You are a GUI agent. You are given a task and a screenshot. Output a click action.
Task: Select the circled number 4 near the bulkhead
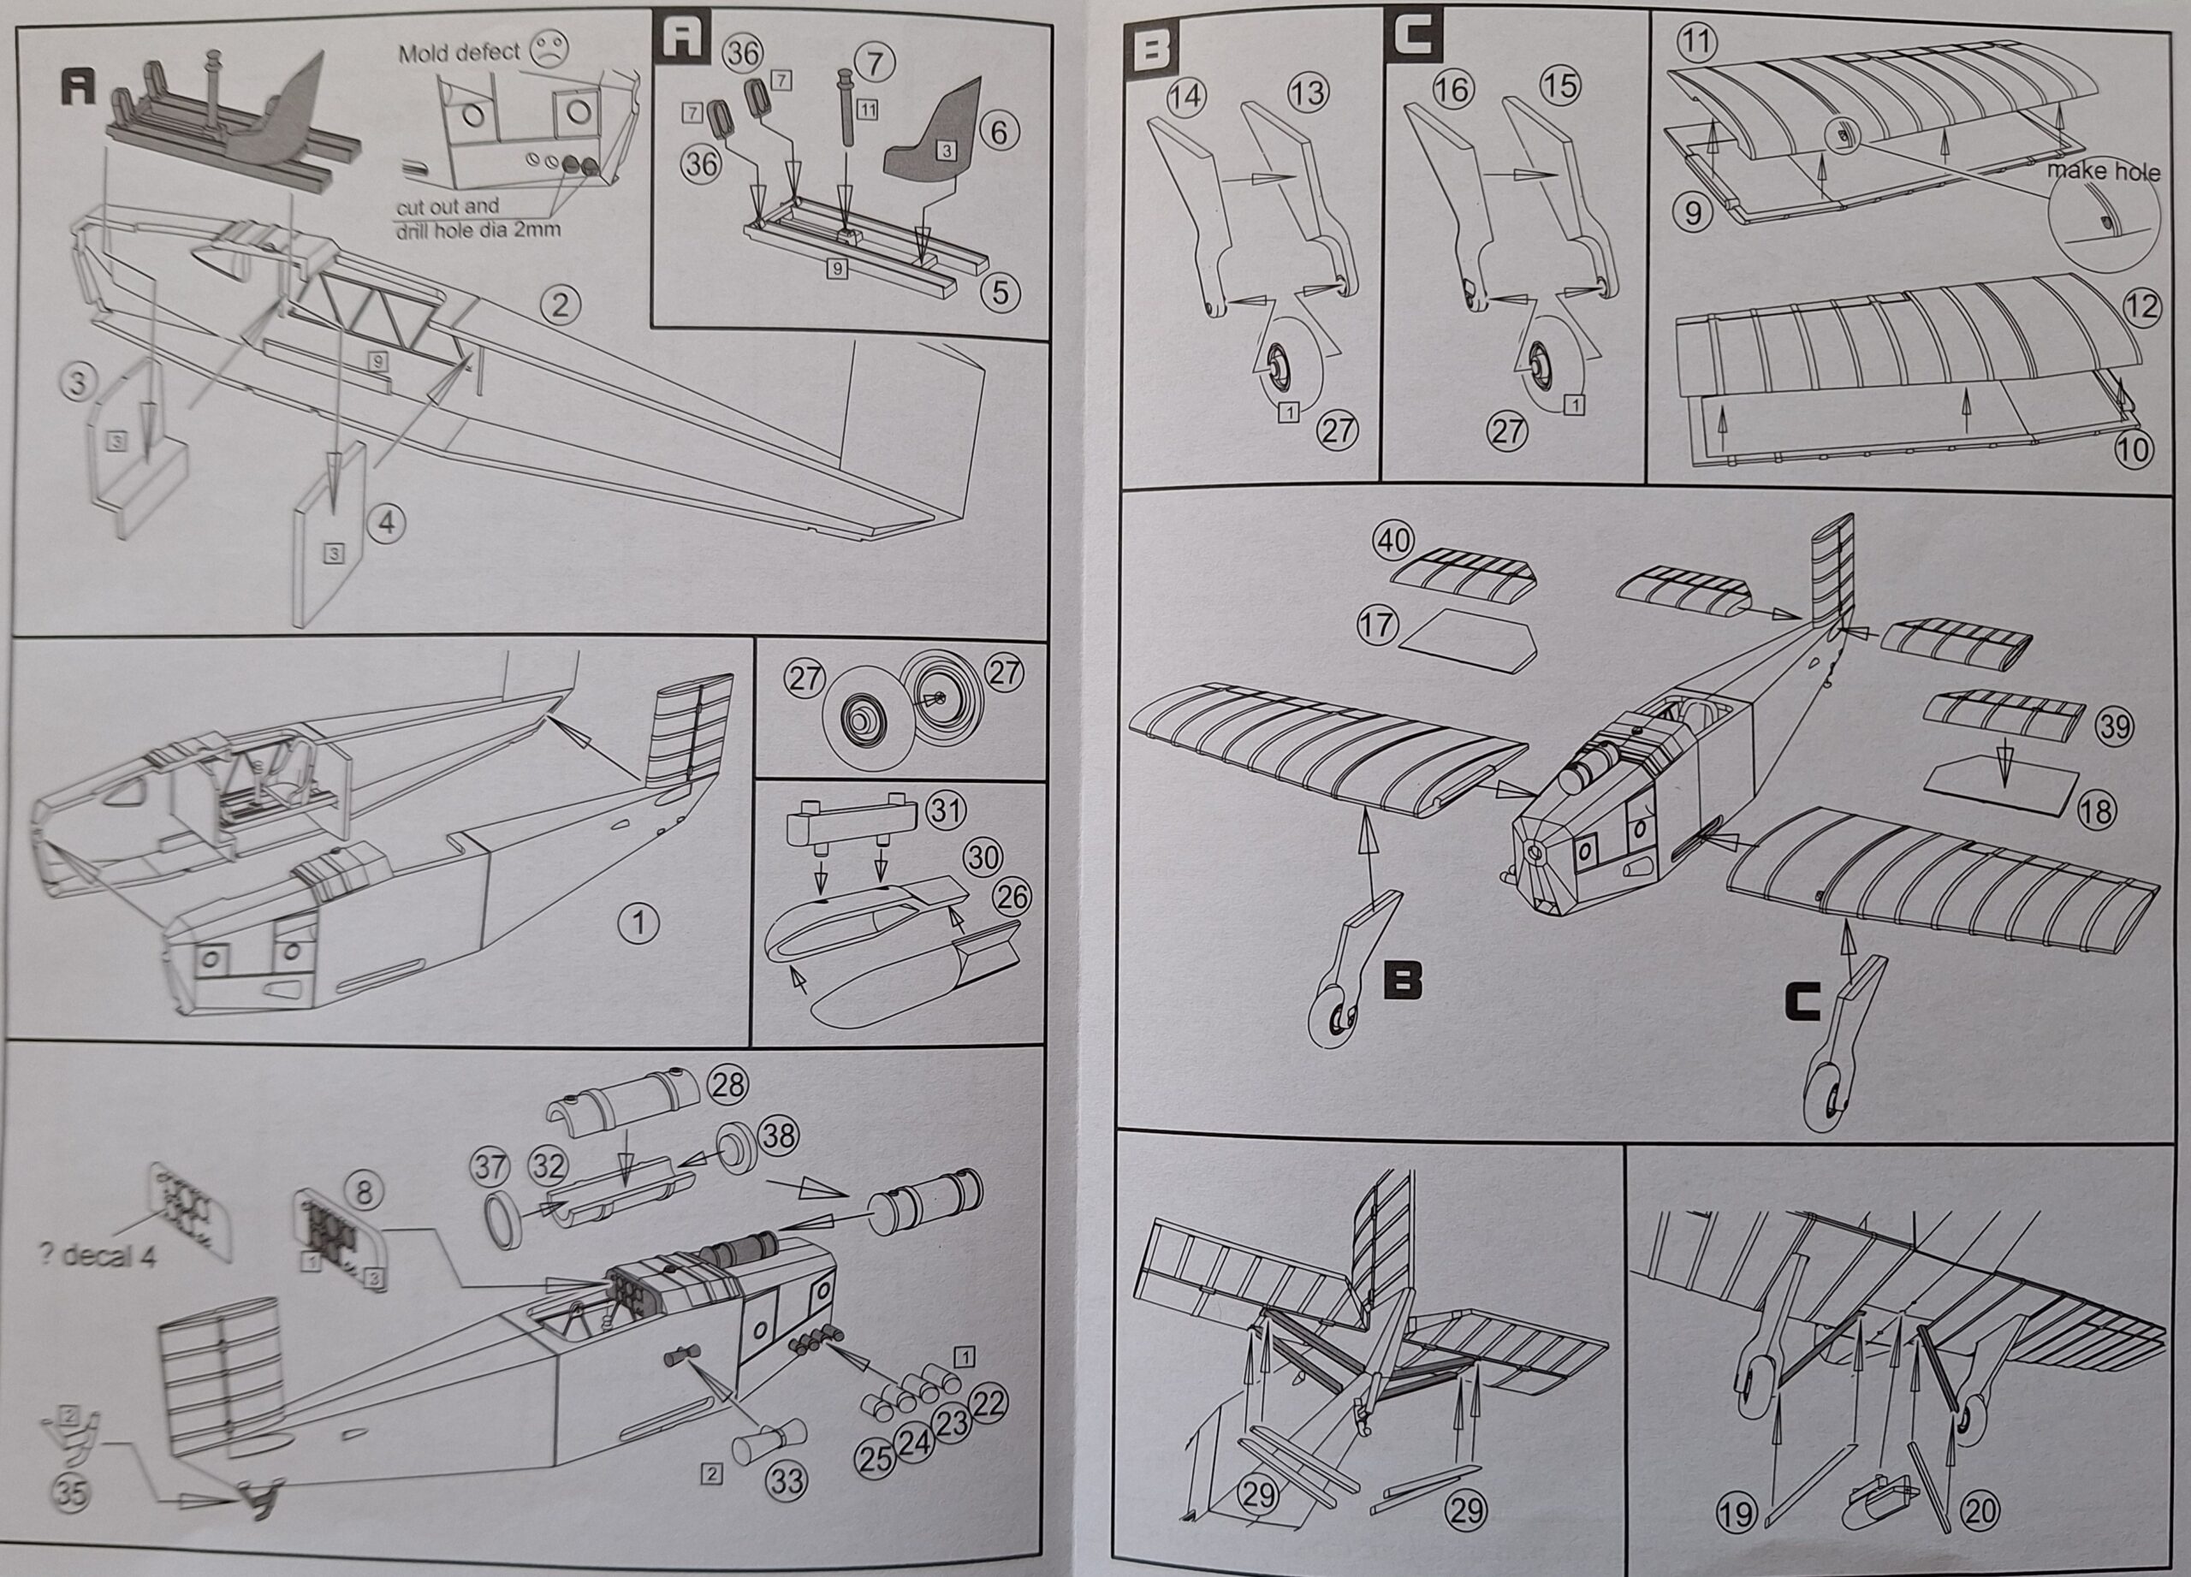click(x=386, y=524)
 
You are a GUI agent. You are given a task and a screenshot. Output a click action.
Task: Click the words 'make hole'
click(x=2103, y=172)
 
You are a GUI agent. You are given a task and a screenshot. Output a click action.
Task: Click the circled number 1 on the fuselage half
click(x=638, y=923)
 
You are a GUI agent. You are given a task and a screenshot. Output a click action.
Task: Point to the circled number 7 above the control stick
click(x=875, y=62)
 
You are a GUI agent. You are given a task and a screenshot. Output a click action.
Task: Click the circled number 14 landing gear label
click(x=1186, y=97)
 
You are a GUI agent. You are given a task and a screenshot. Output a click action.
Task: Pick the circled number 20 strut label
click(x=1980, y=1510)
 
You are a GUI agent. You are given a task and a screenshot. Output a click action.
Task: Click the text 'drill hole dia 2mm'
click(x=478, y=231)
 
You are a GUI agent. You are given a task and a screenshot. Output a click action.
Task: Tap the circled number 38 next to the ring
click(x=778, y=1135)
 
